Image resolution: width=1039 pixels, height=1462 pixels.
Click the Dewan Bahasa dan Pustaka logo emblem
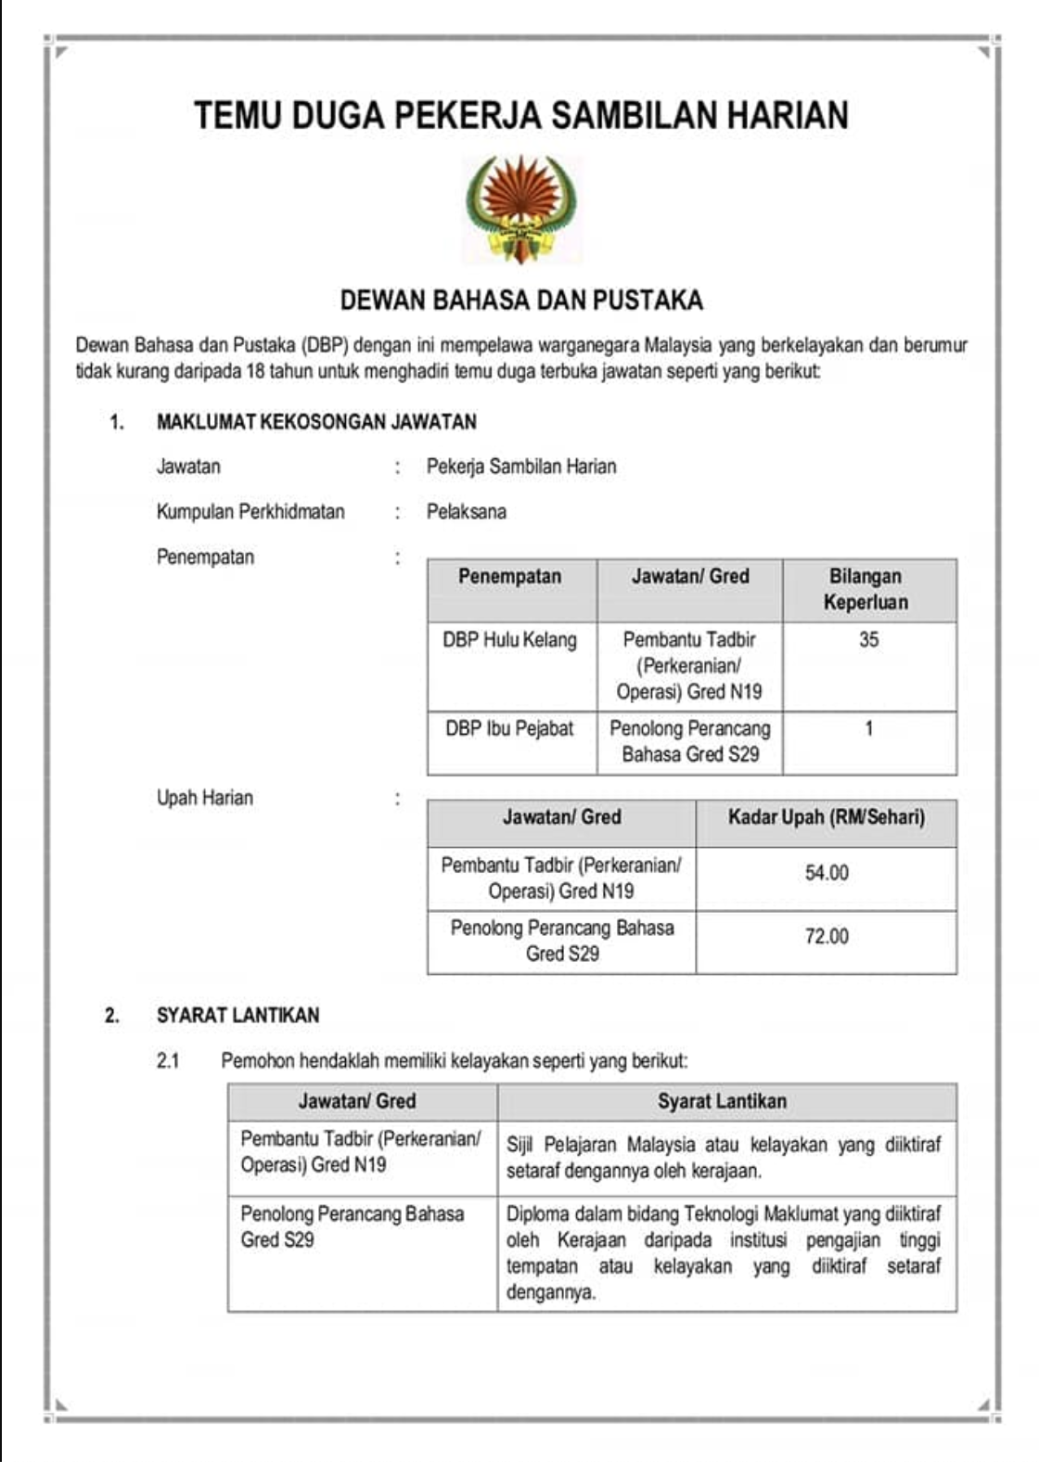520,210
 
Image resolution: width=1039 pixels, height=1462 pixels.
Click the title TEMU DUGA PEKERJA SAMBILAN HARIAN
520,115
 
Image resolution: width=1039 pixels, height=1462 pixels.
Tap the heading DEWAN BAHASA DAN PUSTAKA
520,300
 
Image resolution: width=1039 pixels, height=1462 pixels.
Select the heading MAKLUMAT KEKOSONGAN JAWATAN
316,422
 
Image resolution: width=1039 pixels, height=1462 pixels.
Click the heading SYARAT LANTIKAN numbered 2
237,1015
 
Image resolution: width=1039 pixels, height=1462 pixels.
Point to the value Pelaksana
466,511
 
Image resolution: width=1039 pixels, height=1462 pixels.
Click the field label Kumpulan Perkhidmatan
250,511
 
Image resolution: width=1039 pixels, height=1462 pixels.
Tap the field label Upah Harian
204,798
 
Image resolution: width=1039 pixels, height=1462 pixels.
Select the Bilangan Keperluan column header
866,589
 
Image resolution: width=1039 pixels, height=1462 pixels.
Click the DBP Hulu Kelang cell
509,640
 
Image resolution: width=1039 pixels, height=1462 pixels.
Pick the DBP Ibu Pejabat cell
509,728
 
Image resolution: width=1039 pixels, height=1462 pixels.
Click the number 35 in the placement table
868,640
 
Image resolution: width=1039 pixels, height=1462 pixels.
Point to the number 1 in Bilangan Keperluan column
868,728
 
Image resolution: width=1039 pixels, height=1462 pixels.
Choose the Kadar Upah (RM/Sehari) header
826,817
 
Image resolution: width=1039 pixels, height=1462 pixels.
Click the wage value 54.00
826,873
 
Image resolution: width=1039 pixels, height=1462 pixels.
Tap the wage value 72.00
826,936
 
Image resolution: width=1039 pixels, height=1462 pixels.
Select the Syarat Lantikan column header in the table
722,1101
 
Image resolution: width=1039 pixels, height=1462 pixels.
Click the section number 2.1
168,1060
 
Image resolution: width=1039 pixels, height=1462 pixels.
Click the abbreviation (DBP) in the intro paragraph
325,346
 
